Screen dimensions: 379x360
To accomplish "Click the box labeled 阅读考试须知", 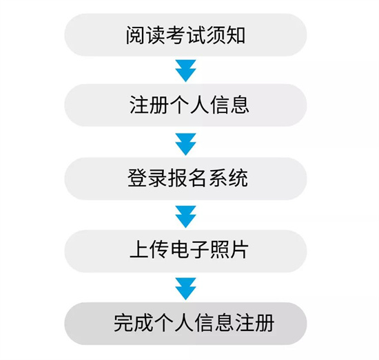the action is [x=185, y=35].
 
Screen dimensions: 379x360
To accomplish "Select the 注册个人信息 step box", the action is [x=185, y=105].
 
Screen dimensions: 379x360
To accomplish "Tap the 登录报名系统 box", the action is [x=185, y=179].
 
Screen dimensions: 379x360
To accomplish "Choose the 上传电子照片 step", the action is [x=185, y=251].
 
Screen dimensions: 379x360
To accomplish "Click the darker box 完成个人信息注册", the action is [x=185, y=324].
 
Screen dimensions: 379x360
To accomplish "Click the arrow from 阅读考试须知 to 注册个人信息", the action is [x=185, y=71].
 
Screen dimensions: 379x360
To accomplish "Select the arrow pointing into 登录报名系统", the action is [x=185, y=144].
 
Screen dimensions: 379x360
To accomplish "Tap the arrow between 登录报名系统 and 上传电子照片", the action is [x=185, y=217].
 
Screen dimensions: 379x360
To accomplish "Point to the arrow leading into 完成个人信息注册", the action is [x=185, y=289].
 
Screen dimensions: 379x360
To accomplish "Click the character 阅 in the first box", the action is [x=135, y=35].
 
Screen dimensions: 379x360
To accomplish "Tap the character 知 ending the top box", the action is [x=236, y=35].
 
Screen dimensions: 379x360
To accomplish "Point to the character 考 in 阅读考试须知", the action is [x=176, y=35].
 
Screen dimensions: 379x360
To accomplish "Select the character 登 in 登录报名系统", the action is [x=137, y=178].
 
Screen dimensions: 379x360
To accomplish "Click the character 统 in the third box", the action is [x=238, y=178].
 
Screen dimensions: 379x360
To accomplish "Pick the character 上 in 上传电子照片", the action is [x=139, y=250].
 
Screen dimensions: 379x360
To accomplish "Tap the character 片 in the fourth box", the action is [x=239, y=250].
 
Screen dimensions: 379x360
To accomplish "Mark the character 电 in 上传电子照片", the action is [x=179, y=250].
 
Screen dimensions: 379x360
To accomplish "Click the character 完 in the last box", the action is [x=123, y=323].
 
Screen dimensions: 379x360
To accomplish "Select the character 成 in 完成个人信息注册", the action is [x=143, y=323].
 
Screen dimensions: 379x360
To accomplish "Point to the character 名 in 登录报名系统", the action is [x=198, y=178].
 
